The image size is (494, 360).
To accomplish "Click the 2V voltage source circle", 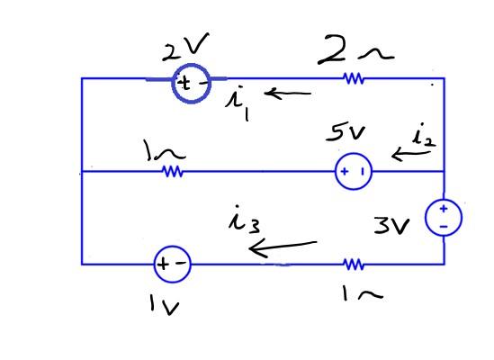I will tap(190, 84).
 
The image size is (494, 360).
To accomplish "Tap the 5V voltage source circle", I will tap(353, 171).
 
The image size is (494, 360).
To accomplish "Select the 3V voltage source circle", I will tap(443, 217).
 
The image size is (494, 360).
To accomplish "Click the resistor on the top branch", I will tap(354, 79).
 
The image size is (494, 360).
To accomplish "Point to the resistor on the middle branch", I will tap(173, 171).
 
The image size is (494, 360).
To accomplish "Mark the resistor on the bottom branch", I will tap(354, 264).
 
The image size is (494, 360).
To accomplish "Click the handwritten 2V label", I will tap(185, 47).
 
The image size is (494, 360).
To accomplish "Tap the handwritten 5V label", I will tap(346, 134).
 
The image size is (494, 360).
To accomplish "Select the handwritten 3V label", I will tap(391, 224).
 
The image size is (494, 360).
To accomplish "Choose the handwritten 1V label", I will tap(164, 306).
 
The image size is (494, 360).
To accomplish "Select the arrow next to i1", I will tap(287, 92).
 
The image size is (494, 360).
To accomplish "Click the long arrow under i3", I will tap(283, 246).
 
